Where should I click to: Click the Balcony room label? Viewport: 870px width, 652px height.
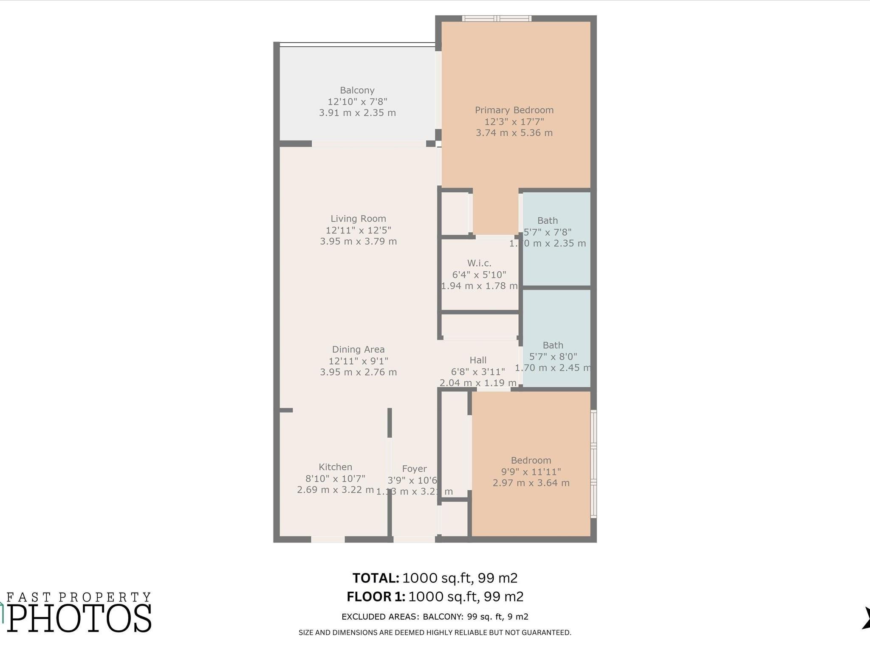357,90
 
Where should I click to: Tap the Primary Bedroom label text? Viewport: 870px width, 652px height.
514,110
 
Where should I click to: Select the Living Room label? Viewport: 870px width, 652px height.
358,219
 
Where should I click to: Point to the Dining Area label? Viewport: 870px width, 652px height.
358,349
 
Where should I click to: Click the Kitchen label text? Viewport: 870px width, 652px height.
335,467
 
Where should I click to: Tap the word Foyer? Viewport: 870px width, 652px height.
414,469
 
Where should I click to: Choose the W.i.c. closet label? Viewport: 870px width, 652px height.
479,263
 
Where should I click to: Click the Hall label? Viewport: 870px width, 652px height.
478,360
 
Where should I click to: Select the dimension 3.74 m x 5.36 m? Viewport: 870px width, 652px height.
514,133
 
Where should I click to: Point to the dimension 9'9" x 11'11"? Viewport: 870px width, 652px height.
531,472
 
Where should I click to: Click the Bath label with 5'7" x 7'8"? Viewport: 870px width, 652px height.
547,221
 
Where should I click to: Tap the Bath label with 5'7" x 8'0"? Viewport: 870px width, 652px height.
553,346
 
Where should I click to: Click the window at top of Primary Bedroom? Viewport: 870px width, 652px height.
497,18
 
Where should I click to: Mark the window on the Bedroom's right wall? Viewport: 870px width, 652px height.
593,464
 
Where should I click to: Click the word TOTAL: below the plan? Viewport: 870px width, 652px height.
376,578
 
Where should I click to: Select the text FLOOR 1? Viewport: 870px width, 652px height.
376,597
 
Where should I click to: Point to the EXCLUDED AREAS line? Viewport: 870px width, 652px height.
435,617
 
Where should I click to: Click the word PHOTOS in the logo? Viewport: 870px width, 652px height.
79,619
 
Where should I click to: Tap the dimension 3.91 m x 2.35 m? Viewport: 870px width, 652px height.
357,113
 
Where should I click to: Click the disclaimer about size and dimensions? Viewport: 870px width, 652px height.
435,632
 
